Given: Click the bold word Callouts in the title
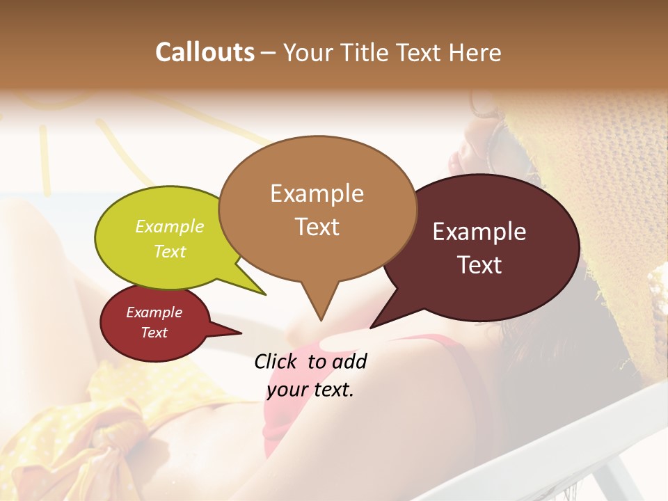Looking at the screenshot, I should [x=205, y=52].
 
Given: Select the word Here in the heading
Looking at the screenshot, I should [x=476, y=52].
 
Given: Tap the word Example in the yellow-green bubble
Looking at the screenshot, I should [x=170, y=226].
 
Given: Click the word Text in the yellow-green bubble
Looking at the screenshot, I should [x=170, y=251].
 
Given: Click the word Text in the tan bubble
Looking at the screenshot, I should [x=317, y=226].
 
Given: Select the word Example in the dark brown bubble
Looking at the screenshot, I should [x=479, y=232].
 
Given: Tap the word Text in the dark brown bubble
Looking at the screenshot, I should [x=479, y=264].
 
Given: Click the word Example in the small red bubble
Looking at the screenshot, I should [x=154, y=312].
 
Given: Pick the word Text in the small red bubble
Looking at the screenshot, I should [x=154, y=333].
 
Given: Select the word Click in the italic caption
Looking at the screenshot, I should [x=277, y=361].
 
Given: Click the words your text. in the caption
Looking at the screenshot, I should [x=310, y=390].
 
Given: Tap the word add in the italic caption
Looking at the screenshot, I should [x=349, y=361].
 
